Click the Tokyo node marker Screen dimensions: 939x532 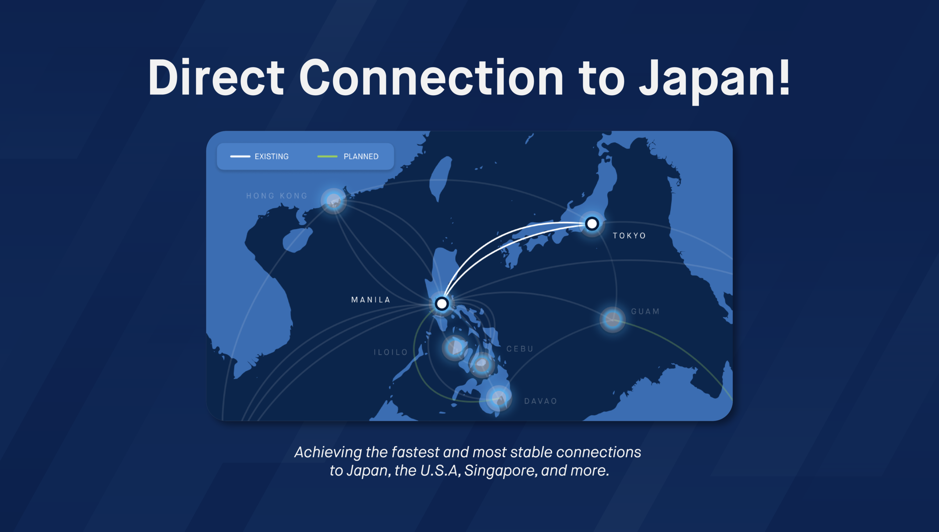(x=592, y=223)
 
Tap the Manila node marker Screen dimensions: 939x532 (x=442, y=304)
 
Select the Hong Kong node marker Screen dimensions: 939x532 (x=333, y=201)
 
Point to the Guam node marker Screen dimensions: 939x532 (x=613, y=319)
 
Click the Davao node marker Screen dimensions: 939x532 (x=499, y=398)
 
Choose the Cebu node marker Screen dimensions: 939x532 (x=482, y=364)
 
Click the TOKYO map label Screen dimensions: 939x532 (x=629, y=236)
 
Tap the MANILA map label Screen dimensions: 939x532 (x=370, y=300)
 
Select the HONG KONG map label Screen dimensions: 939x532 (x=277, y=196)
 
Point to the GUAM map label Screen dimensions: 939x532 (x=645, y=312)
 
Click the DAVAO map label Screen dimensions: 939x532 (x=541, y=401)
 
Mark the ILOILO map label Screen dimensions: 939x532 (x=391, y=352)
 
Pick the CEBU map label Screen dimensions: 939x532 (x=520, y=349)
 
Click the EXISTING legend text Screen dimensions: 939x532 (x=271, y=157)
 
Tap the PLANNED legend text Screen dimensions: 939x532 (x=361, y=157)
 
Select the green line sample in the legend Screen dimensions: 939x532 (x=327, y=157)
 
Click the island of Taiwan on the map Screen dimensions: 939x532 (x=440, y=178)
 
